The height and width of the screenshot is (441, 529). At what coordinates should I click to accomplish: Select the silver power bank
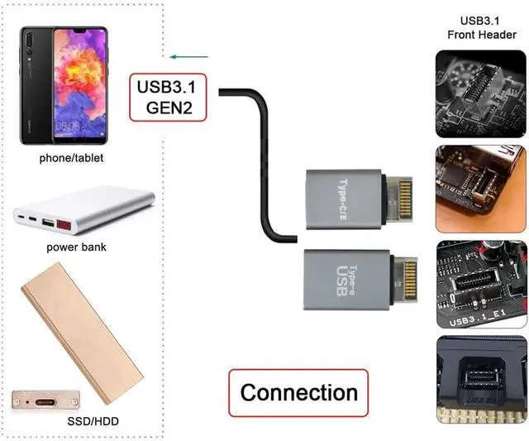click(x=84, y=213)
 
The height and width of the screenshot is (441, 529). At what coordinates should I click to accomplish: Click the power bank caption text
click(x=76, y=247)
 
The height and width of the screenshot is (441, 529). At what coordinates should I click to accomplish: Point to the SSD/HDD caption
click(x=93, y=422)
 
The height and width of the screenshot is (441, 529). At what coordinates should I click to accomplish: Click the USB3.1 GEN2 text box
click(x=168, y=97)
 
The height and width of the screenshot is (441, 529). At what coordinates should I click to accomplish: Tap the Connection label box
click(x=298, y=391)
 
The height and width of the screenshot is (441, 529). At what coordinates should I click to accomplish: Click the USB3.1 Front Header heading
click(x=484, y=27)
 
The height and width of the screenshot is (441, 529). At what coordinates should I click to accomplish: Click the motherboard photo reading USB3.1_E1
click(x=480, y=283)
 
